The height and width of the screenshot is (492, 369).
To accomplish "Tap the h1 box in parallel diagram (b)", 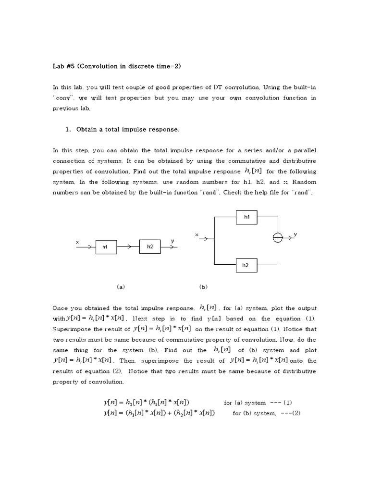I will coord(247,217).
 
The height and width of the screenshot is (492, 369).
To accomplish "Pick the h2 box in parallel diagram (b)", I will coord(246,265).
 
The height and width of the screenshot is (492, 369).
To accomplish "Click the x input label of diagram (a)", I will coord(77,242).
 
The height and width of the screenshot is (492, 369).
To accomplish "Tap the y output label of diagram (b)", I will coord(295,234).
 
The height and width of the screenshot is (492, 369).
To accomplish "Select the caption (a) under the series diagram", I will coord(121,287).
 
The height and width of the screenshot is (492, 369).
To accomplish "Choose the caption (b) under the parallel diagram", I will coord(203,287).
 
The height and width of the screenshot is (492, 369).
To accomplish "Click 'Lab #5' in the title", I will coord(63,66).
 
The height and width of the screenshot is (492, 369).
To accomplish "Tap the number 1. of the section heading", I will coord(68,130).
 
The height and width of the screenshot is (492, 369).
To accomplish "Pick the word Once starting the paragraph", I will coord(60,308).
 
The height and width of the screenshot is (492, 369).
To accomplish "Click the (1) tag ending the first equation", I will coord(288,403).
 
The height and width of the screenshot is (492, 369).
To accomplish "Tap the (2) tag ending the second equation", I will coord(294,413).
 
